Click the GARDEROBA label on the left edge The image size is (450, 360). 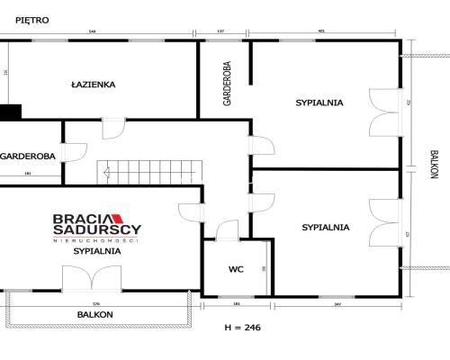coord(28,155)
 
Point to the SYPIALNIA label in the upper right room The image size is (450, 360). coord(319,103)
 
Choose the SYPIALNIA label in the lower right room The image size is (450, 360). coord(326,227)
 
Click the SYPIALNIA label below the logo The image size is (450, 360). coord(97,251)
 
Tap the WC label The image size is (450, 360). coord(236,268)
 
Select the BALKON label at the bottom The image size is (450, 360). coord(94,314)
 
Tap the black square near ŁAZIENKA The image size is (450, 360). coord(10,112)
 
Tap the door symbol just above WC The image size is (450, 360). coord(227,232)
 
